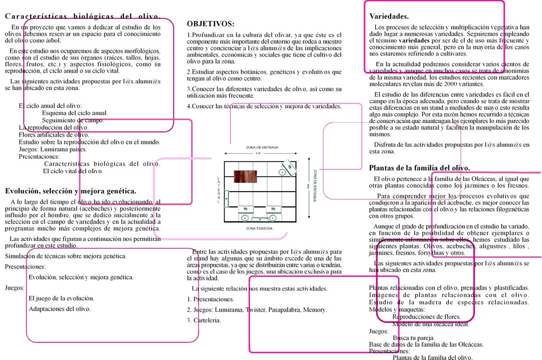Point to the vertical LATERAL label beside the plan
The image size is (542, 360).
coord(219,189)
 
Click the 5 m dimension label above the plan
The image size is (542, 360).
coord(258,153)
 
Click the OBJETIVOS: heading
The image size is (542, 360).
coord(211,24)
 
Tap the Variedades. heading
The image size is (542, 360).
coord(389,16)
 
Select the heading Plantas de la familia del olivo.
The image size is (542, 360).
coord(419,168)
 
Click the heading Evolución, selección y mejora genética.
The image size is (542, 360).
coord(70,191)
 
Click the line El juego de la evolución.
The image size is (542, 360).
coord(61,298)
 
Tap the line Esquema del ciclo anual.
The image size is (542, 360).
coord(75,113)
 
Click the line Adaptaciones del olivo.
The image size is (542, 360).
coord(59,309)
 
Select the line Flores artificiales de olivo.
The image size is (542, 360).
coord(54,134)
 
